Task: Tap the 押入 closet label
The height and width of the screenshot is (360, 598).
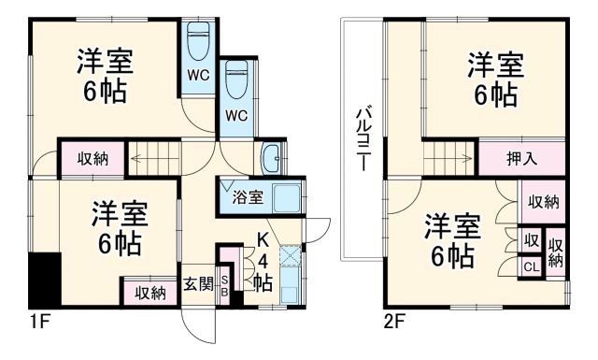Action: pos(521,157)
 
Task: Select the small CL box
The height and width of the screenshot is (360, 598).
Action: pos(530,266)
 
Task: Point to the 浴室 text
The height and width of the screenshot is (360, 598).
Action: pos(248,197)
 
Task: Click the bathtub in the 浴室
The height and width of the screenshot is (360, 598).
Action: pos(287,197)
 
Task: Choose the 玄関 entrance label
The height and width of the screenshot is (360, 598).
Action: pos(197,283)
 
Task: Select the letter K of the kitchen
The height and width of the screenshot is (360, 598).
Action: pos(263,241)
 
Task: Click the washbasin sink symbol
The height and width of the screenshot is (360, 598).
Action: pos(273,159)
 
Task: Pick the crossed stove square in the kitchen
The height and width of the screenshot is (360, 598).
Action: pos(290,254)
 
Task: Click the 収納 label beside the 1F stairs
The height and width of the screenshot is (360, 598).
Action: pos(92,159)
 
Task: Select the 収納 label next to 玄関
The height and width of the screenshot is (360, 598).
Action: pos(149,292)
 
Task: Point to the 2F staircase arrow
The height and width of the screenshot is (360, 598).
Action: pos(448,158)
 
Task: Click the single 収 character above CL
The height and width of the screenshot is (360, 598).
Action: pos(530,241)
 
